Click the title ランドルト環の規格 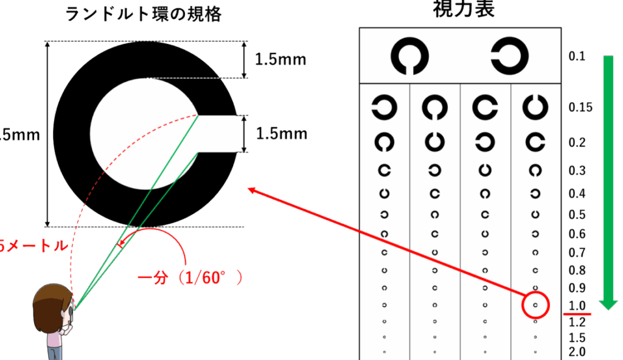coord(144,14)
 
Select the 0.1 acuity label coord(577,57)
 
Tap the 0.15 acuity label coord(580,108)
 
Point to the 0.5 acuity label coord(577,215)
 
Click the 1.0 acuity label coord(577,305)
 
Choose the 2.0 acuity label coord(577,351)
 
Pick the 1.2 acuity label coord(577,322)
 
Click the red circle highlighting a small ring coord(535,304)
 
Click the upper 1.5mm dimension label coord(280,60)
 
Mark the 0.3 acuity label coord(577,171)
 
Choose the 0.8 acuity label coord(577,271)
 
